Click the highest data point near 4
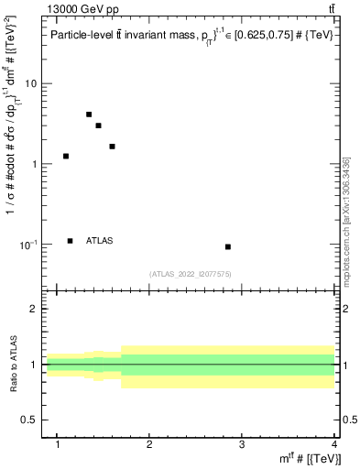[89, 115]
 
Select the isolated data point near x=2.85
[228, 246]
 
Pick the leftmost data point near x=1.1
[66, 156]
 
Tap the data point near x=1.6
[112, 147]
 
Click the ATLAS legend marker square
[71, 241]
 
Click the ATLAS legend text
[100, 241]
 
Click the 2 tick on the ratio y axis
[35, 310]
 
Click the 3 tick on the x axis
[242, 445]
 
